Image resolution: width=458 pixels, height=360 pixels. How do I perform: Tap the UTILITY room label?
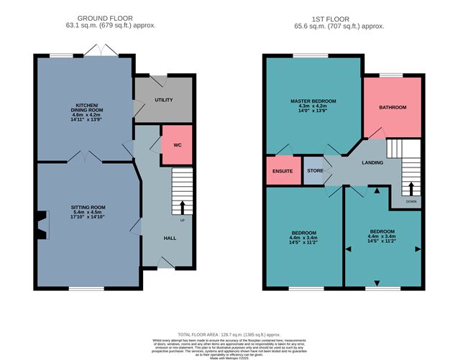[164, 100]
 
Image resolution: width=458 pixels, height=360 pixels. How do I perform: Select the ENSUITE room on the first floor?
[283, 171]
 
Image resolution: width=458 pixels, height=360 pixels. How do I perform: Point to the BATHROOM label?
[393, 108]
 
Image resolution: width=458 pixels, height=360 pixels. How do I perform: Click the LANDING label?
[372, 162]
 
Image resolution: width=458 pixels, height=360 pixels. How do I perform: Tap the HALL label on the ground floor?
[170, 238]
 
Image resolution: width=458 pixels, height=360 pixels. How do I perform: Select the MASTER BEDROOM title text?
[313, 101]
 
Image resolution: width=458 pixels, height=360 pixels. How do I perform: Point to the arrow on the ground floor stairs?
[181, 208]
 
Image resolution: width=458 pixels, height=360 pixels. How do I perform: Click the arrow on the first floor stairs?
[411, 189]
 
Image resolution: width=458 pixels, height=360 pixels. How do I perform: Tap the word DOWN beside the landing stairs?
[411, 202]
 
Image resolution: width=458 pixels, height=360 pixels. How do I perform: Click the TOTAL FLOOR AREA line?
[228, 335]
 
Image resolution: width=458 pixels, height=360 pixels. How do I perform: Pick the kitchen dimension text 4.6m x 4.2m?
[88, 114]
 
